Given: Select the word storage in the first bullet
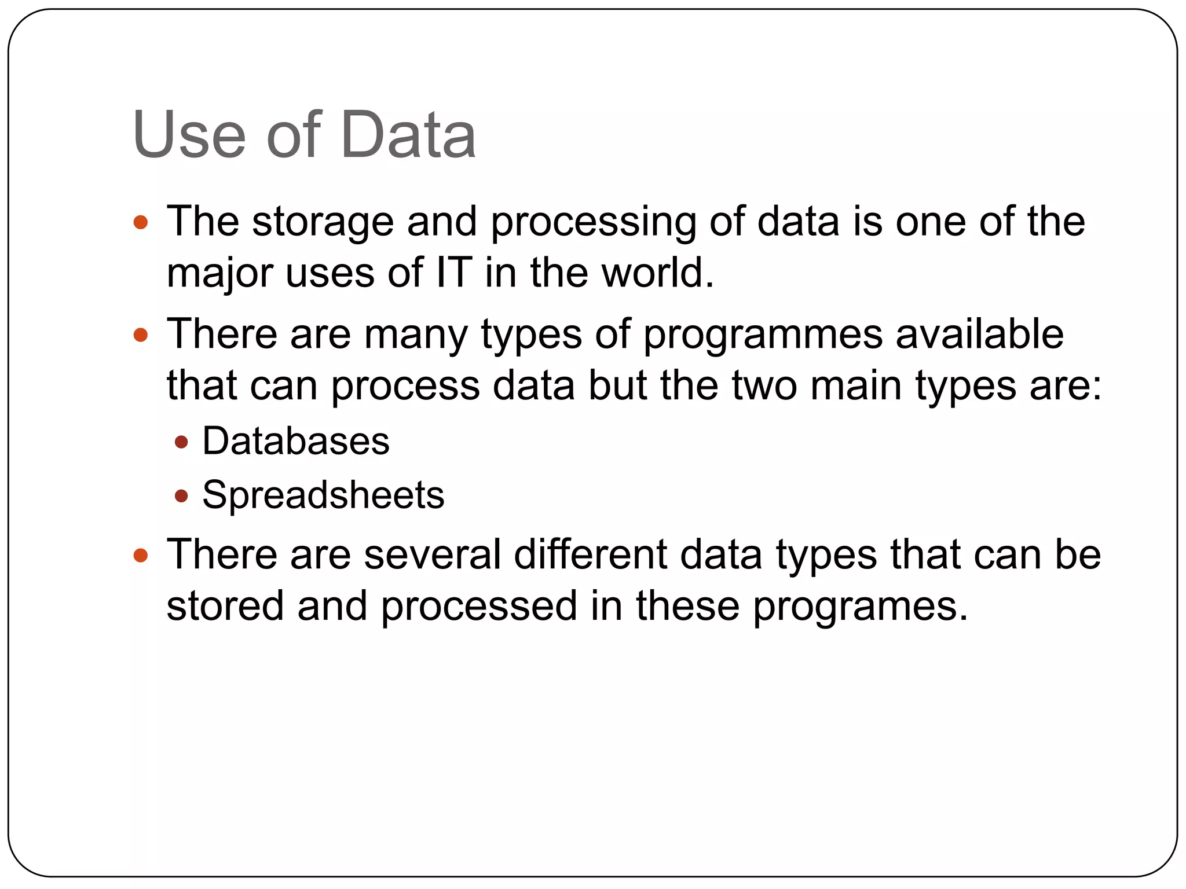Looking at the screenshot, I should pos(323,222).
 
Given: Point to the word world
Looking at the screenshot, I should pos(657,273).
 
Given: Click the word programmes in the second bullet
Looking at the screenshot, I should pos(763,335).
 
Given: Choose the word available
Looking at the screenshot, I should pos(979,334).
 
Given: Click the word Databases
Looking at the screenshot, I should pos(295,441).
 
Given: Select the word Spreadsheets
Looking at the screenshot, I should pos(323,495).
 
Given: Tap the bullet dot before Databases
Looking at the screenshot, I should pos(181,443).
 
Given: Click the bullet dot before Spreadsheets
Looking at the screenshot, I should pos(181,496).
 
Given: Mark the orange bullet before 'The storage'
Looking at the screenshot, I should pos(141,222).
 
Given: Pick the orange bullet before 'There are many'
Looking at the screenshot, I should pos(141,335).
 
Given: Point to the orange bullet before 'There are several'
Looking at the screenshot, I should pos(141,556).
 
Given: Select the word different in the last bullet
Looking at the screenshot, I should pos(590,554).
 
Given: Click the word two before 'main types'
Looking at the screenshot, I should pos(764,386).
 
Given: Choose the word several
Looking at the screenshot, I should pos(432,554).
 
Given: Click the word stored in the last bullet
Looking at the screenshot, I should pos(225,606).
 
